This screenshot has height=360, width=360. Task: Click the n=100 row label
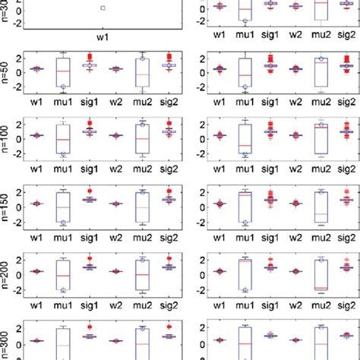6,139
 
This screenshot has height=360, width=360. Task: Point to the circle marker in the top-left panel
103,8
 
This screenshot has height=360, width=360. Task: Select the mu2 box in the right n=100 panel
321,138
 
